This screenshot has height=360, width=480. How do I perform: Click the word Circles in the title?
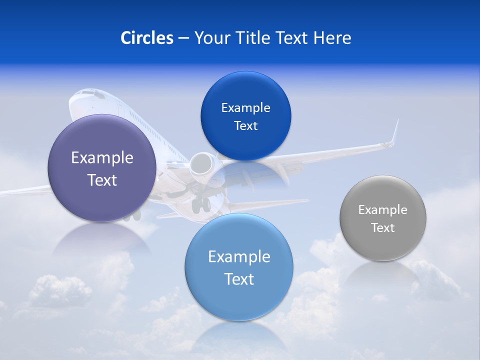[x=146, y=38]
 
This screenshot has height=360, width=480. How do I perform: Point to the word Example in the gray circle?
[x=383, y=210]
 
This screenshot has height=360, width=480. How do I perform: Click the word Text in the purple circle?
[x=102, y=180]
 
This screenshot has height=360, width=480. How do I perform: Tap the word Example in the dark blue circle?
[x=245, y=108]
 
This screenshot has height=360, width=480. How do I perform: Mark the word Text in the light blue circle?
[x=239, y=279]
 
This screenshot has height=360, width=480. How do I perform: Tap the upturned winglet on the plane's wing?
[x=395, y=132]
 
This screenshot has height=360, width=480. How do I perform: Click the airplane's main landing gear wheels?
[x=201, y=204]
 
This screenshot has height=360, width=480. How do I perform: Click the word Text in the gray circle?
[x=383, y=228]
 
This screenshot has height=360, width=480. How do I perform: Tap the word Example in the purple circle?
[x=102, y=158]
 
